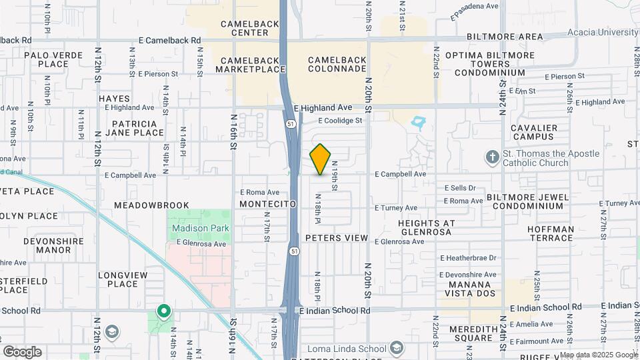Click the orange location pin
coord(321,159)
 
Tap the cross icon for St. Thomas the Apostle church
coord(492,157)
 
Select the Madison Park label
coord(200,228)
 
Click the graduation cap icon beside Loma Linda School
coord(397,348)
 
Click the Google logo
coord(22,351)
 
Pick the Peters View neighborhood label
coord(337,238)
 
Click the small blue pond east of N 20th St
coord(418,123)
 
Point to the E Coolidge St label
coord(340,121)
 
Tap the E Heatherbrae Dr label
coord(469,258)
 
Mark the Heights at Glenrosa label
coord(426,228)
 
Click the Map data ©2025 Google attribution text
coord(598,355)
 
